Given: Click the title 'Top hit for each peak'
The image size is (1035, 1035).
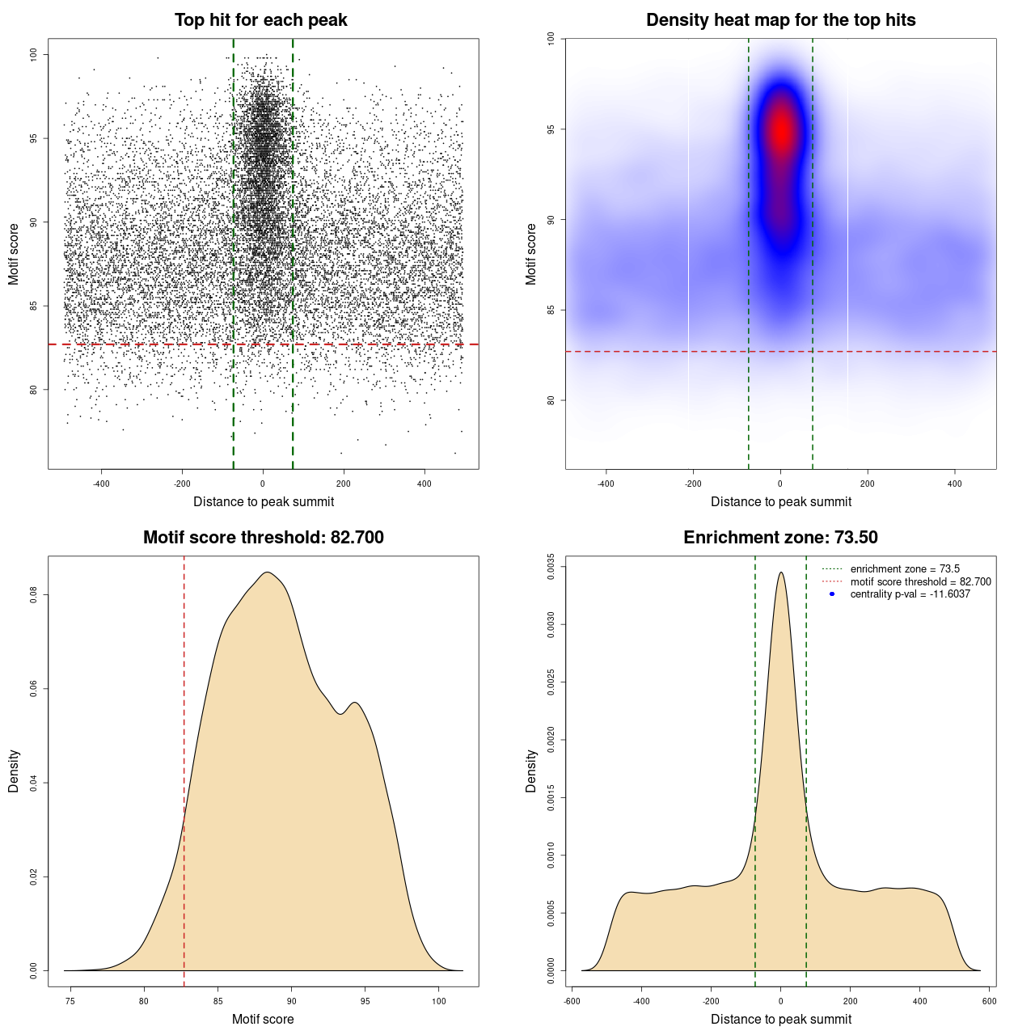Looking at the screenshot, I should (x=260, y=20).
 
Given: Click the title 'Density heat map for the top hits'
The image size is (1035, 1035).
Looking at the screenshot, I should (x=780, y=20).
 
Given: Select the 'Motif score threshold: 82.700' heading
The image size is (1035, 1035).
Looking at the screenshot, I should (x=263, y=538).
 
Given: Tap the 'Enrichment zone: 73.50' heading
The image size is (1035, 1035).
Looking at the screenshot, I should (x=780, y=538).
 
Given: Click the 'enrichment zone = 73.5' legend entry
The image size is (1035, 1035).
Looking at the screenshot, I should (x=905, y=569).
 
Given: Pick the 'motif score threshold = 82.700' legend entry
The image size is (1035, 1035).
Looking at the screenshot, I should (x=920, y=581).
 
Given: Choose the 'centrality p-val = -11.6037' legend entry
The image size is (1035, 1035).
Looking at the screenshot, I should (x=910, y=594).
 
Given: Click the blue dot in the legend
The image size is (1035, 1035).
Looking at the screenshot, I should (x=832, y=594).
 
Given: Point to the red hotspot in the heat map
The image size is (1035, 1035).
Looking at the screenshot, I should (x=781, y=129).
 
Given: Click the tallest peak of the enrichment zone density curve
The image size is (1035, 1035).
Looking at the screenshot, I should (x=781, y=573).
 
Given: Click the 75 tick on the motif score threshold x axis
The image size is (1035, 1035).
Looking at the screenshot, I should (x=70, y=1001).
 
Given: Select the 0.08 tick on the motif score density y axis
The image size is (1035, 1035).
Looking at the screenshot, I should (x=34, y=595).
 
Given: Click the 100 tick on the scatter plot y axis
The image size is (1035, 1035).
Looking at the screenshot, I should (x=34, y=54).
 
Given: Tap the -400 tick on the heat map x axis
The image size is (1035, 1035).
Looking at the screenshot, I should (x=606, y=484).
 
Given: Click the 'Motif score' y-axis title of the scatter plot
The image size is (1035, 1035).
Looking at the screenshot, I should (x=14, y=254).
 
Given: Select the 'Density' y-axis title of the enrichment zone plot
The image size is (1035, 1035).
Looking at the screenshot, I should (x=531, y=771).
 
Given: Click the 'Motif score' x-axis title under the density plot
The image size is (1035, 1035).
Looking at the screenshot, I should (x=263, y=1019).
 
